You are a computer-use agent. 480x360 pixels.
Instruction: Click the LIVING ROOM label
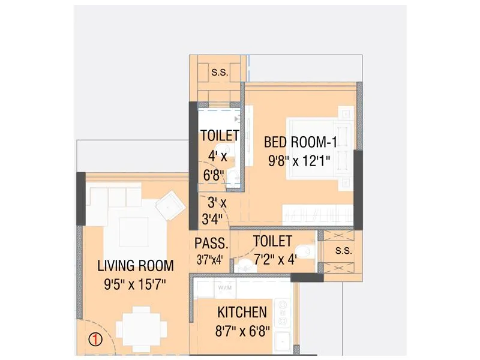(x=136, y=265)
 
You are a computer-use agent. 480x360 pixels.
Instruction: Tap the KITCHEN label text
(x=242, y=312)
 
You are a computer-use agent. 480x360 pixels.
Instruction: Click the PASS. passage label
(x=211, y=244)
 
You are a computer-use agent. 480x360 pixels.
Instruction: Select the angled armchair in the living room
(x=170, y=205)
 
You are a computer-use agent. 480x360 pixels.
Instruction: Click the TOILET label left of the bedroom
(x=219, y=136)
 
